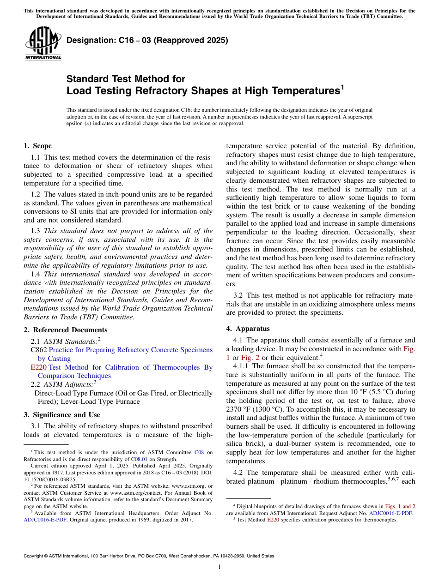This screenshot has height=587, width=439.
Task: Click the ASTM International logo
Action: pos(43,43)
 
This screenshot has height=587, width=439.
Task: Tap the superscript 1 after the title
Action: pos(342,86)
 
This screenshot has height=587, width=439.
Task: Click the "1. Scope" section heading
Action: pos(38,146)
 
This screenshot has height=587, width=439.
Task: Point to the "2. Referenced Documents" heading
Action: pos(66,330)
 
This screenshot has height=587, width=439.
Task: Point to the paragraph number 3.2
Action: pos(238,295)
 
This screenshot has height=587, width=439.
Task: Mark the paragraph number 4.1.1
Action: pos(242,366)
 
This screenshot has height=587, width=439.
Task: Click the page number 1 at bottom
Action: pos(219,567)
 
